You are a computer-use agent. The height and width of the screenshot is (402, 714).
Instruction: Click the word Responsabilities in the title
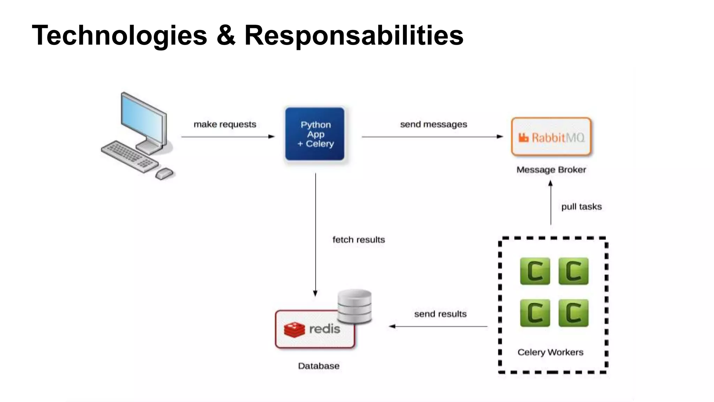coord(354,36)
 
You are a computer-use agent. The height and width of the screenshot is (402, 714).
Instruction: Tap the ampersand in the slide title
coord(226,36)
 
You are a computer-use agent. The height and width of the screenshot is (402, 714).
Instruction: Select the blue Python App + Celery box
coord(315,134)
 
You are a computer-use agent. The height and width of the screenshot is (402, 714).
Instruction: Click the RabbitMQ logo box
coord(551,137)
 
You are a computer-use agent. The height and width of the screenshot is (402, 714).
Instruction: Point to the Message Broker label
coord(551,170)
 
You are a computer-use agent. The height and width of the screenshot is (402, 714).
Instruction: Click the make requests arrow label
coord(225,125)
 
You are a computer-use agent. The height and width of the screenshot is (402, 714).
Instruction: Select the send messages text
coord(433,125)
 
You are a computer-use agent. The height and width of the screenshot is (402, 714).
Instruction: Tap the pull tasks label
coord(581,207)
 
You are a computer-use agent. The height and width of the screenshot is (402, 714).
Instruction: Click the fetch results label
coord(358,240)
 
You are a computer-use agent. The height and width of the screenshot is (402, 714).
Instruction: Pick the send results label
coord(440,314)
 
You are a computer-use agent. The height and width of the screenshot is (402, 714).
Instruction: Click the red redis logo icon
coord(294,329)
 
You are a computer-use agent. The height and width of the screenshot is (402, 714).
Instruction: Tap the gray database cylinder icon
coord(355,306)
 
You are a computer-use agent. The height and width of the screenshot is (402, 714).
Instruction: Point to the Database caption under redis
coord(319,366)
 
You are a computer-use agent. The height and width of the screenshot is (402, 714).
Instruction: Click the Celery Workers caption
coord(550,352)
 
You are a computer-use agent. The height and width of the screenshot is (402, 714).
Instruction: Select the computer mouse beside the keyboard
coord(164,173)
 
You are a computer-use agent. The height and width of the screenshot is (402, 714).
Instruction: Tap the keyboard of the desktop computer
coord(129,156)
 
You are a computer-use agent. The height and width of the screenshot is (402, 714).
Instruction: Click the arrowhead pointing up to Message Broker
coord(550,183)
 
